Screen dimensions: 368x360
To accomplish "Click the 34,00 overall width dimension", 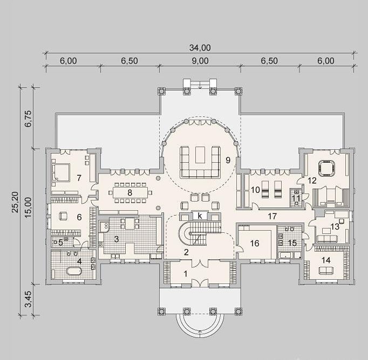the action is coord(200,48).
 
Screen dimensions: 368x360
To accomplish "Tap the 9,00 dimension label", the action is coord(200,61).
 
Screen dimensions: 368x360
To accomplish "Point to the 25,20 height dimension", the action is coord(15,202).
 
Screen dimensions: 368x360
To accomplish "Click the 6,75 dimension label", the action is coord(28,119).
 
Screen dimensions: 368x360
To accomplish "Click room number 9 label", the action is coord(228,160).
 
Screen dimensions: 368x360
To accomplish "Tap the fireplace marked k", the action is coord(200,216).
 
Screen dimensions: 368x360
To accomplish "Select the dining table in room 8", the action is coord(131,192).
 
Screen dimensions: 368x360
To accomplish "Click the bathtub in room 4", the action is coord(74,271).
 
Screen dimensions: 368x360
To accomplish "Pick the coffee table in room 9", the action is coord(200,155).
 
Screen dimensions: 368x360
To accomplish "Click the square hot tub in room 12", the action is coord(326,168).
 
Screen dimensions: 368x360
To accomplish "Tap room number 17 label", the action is coord(272,216).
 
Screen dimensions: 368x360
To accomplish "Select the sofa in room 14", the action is coord(326,271).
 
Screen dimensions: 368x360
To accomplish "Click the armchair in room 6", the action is coord(63,216).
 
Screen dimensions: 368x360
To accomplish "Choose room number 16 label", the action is coord(255,243).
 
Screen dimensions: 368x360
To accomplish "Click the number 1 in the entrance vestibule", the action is coord(186,274).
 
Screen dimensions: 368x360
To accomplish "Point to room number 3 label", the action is coord(117,239).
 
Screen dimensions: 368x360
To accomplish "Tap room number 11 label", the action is coord(296,198).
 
